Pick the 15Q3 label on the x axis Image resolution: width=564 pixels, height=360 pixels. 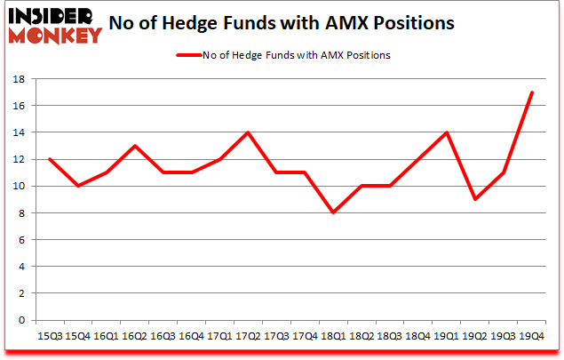point(49,336)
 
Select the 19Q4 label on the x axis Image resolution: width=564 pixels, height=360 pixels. point(531,336)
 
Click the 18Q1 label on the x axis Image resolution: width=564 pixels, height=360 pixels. point(333,336)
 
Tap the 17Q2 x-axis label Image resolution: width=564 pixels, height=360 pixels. point(248,336)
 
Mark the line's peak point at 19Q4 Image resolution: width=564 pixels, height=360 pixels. point(531,92)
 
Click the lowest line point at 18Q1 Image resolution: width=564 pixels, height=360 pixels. point(333,213)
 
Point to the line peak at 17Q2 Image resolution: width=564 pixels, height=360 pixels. point(248,132)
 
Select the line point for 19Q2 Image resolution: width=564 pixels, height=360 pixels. point(474,200)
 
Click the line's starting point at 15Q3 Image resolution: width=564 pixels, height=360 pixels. point(50,159)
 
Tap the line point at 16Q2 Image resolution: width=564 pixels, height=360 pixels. point(135,146)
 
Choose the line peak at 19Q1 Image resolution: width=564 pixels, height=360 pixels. point(446,132)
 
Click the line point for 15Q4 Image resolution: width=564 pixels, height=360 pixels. point(78,186)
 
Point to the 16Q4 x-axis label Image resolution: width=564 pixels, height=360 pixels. point(191,336)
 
